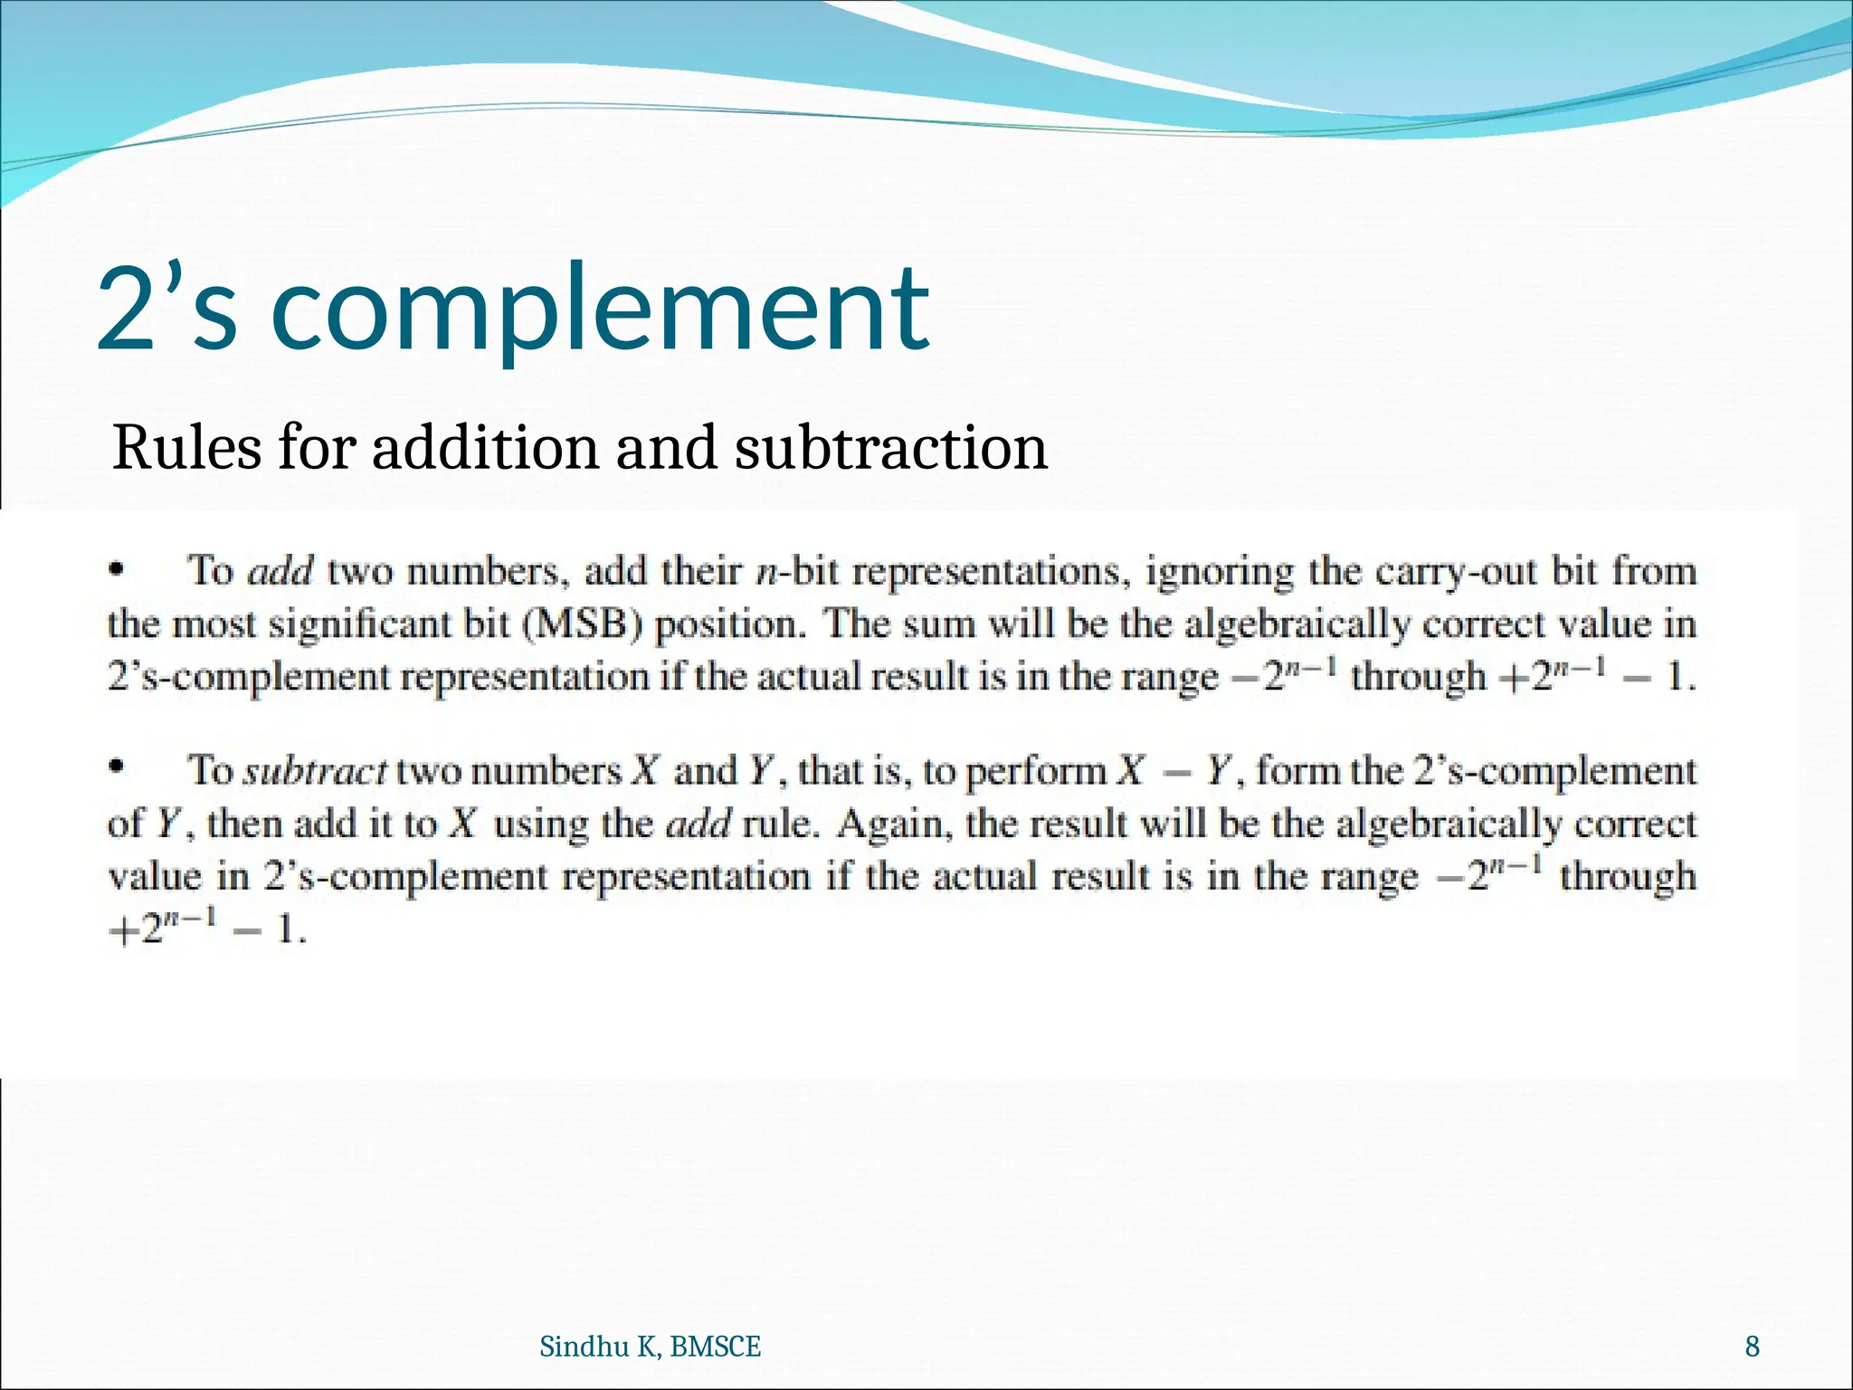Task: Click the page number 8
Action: pos(1752,1347)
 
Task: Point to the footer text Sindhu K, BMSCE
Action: pos(650,1347)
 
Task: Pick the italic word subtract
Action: pos(316,771)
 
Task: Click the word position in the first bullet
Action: pos(730,624)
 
